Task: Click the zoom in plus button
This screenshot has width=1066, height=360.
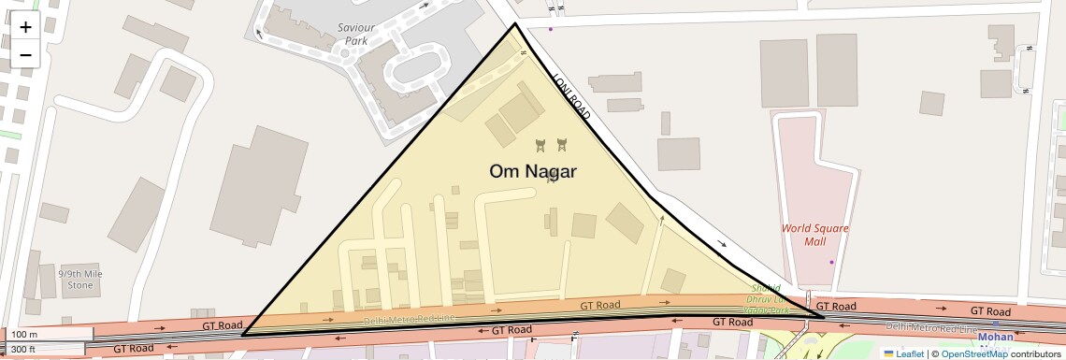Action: click(x=25, y=27)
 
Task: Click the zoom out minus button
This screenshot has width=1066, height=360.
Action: click(x=25, y=54)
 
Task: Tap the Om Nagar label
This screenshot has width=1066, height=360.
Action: click(x=533, y=171)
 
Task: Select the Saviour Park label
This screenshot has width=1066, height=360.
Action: click(x=355, y=35)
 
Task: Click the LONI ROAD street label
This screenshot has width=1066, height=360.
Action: click(x=571, y=97)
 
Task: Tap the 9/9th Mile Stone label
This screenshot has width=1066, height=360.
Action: click(x=80, y=280)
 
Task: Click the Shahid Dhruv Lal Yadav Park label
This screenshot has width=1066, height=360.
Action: click(x=767, y=299)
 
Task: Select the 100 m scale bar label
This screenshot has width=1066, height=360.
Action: click(x=25, y=334)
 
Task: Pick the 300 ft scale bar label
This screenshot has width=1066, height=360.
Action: click(x=25, y=349)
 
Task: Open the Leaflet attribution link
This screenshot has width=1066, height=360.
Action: click(x=909, y=353)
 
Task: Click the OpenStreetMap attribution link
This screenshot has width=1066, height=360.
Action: click(x=973, y=353)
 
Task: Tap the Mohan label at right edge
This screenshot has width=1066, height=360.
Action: click(x=995, y=337)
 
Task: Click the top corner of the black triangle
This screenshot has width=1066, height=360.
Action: click(x=514, y=24)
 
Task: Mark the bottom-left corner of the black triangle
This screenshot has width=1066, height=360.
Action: click(x=243, y=334)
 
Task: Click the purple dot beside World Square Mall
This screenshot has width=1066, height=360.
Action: click(x=831, y=262)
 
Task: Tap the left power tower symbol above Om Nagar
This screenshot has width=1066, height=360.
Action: click(x=540, y=145)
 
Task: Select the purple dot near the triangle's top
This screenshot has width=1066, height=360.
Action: click(x=551, y=29)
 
